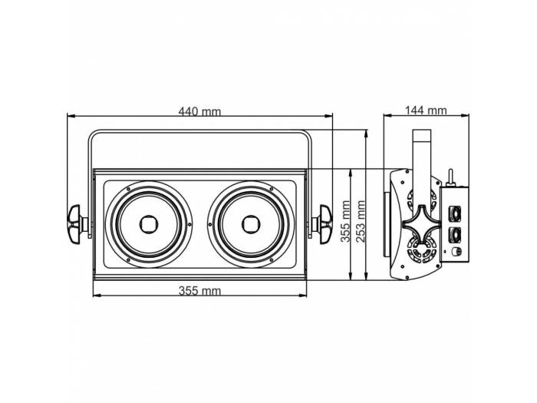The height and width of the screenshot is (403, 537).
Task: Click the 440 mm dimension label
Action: click(199, 111)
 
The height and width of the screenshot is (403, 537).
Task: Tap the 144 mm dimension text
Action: click(426, 111)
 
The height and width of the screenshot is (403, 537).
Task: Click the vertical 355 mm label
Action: click(346, 222)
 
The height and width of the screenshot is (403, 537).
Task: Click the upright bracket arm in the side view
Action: click(420, 161)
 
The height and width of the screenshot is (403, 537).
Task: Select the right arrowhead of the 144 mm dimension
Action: click(466, 117)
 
